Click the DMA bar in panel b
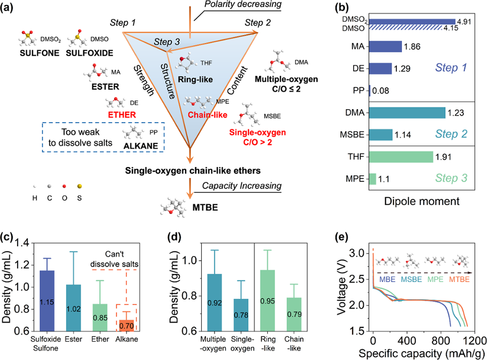(x=407, y=113)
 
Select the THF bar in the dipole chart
(x=401, y=157)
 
